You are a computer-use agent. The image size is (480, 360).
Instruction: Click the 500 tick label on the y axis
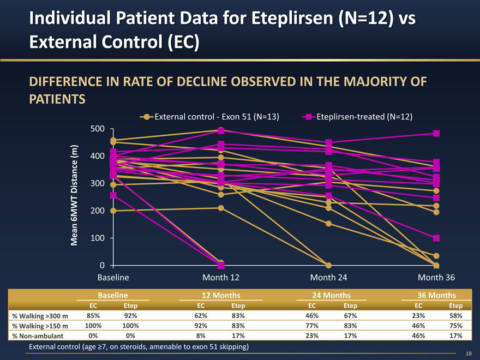click(99, 129)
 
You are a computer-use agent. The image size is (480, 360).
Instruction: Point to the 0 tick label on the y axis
click(103, 266)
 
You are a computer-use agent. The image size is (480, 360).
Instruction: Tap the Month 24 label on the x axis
click(328, 278)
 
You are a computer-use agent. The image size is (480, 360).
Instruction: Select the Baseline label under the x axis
click(113, 278)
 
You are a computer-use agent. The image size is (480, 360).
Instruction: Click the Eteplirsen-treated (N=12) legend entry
click(357, 117)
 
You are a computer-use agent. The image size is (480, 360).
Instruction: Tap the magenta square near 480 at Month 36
click(436, 133)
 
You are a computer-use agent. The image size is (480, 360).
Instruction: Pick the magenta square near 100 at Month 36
click(436, 238)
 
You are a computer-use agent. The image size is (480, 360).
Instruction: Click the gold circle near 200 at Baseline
click(113, 211)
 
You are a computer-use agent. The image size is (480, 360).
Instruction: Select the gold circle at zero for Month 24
click(329, 266)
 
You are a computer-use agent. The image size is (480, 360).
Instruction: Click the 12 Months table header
click(220, 295)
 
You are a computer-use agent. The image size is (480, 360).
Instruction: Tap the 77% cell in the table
click(311, 326)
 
